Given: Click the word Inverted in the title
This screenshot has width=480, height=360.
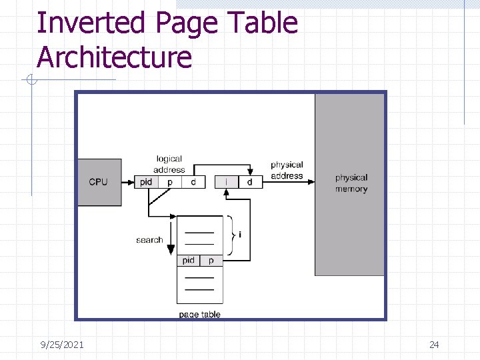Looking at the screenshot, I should (90, 23).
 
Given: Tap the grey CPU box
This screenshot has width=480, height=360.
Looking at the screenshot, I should (99, 182).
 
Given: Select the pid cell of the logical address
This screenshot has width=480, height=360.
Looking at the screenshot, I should (146, 182).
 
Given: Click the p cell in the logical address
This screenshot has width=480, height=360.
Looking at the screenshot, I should (169, 182).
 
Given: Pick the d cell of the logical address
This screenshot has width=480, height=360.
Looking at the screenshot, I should (193, 182).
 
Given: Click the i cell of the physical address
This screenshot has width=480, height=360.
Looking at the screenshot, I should (227, 182).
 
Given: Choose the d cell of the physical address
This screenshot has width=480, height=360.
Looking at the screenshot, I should (250, 182).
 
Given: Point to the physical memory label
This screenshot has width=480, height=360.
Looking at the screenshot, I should (351, 183).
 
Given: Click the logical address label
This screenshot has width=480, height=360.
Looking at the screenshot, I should (169, 164).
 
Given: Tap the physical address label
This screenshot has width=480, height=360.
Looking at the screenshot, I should (287, 170).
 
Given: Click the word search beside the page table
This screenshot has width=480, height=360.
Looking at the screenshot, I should (149, 240).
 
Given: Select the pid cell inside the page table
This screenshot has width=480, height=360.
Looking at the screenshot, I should (189, 261).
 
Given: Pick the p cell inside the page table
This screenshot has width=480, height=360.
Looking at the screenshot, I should (211, 261).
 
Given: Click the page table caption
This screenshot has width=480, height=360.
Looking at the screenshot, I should (199, 314).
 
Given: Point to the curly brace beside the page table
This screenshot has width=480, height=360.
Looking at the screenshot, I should (231, 235).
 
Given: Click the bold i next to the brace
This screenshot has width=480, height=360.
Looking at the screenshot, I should (240, 235).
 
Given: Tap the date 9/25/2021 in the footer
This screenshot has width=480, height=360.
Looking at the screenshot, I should (62, 345).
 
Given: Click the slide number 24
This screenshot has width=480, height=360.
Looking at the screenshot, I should (434, 345).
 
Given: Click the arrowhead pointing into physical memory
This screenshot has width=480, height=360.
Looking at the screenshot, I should (311, 182).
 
